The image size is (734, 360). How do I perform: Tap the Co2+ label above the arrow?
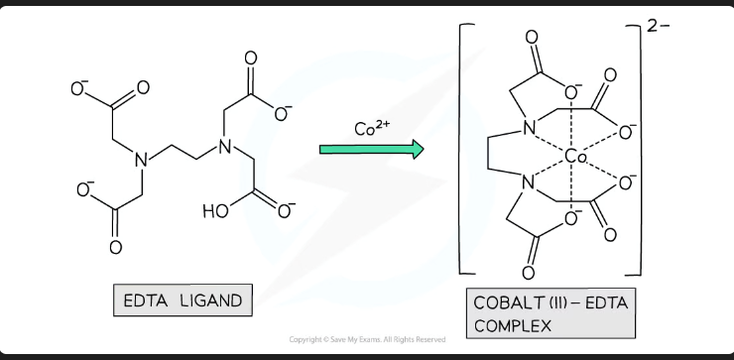pyautogui.click(x=370, y=129)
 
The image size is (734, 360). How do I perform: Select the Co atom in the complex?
pyautogui.click(x=576, y=157)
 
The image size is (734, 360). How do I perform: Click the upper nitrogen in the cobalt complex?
pyautogui.click(x=530, y=126)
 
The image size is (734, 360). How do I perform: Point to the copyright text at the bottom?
pyautogui.click(x=367, y=339)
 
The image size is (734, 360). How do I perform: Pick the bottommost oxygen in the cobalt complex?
pyautogui.click(x=529, y=271)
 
